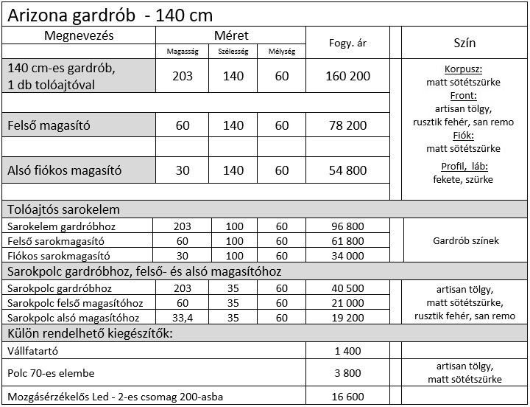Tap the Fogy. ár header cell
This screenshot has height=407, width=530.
pos(347,44)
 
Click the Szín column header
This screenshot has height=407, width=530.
pos(464,44)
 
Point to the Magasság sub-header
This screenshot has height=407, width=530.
pos(183,52)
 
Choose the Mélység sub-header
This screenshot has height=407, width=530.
pos(282,52)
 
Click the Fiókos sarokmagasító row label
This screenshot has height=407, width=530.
pos(56,256)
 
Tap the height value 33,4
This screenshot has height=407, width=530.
pos(183,318)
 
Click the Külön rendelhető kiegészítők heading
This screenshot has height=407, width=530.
pos(89,333)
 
